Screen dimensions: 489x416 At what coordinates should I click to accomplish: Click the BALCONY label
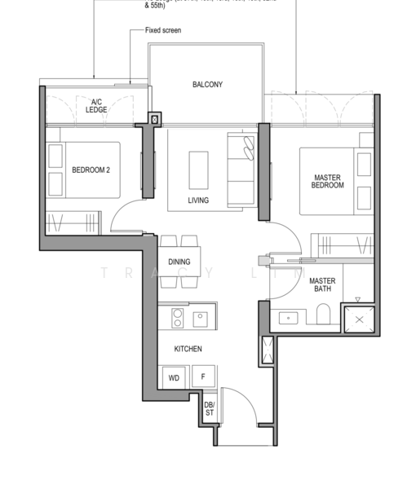pos(207,85)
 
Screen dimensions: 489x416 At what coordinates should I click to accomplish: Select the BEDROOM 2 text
pos(92,170)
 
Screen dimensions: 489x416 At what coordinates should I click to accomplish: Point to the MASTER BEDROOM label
pos(328,181)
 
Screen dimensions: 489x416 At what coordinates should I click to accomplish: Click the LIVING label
pos(197,200)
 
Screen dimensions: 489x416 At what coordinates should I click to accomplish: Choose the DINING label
pos(179,262)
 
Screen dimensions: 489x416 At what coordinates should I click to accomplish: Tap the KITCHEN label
pos(188,349)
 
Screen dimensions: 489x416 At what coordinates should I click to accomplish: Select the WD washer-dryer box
pos(174,378)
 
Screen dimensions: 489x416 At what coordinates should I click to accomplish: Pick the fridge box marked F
pos(203,378)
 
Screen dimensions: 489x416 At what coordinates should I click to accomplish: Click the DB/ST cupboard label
pos(209,409)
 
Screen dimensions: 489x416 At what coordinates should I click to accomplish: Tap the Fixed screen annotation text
pos(163,30)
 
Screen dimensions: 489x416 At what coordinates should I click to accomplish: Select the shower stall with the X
pos(360,319)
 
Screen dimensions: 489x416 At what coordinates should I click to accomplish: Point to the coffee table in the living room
pos(198,170)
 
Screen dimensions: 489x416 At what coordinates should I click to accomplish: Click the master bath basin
pos(287,317)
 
